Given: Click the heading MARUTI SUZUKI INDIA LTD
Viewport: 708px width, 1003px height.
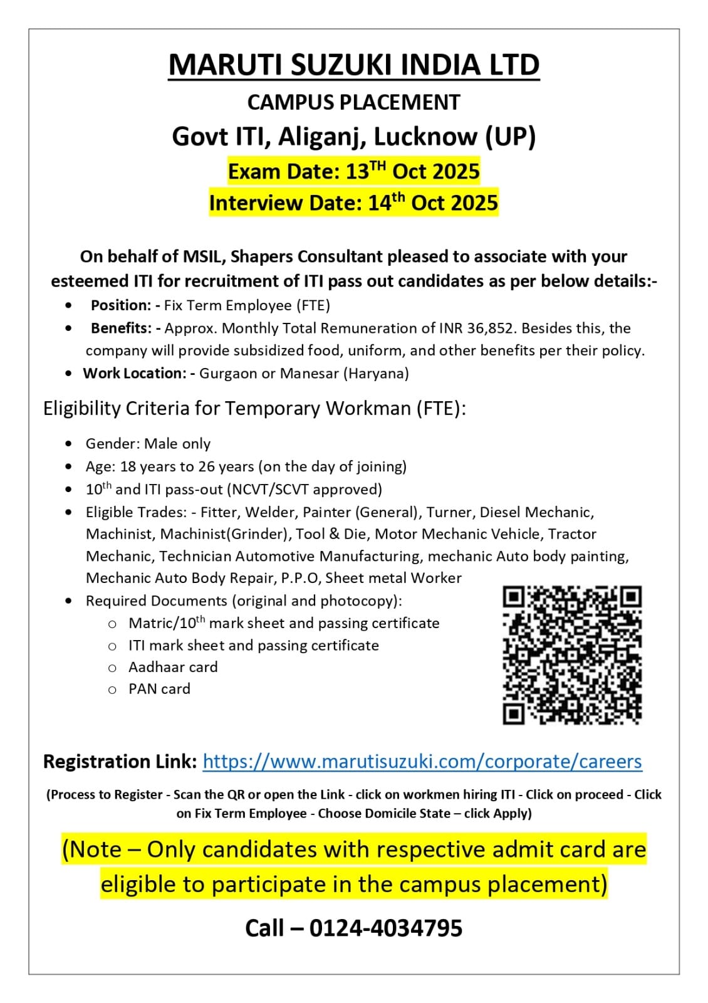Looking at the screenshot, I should tap(353, 65).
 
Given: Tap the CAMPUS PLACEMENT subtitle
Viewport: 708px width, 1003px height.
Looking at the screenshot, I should tap(353, 102).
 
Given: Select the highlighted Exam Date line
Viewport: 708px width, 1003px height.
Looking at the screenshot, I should tap(353, 171).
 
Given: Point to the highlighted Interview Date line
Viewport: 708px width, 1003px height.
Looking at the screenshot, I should tap(353, 203).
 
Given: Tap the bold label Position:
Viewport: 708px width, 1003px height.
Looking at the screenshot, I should tap(121, 306).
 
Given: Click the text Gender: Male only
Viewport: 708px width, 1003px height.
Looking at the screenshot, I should tap(148, 444).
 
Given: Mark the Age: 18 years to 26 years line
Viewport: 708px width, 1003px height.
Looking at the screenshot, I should tap(246, 466).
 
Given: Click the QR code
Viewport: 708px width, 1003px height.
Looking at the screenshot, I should tap(572, 655).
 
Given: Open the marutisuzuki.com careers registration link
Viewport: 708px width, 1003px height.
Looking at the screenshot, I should tap(422, 762).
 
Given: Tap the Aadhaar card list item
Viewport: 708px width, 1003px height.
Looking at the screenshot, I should tap(173, 667).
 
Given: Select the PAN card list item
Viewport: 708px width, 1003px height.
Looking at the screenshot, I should tap(159, 689).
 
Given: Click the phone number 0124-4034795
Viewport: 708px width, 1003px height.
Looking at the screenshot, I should tap(385, 928).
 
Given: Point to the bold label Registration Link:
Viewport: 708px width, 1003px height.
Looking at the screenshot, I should tap(120, 762).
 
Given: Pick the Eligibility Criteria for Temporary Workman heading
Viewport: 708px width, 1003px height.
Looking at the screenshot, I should tap(254, 409).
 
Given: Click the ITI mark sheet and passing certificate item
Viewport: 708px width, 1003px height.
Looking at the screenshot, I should tap(253, 646).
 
